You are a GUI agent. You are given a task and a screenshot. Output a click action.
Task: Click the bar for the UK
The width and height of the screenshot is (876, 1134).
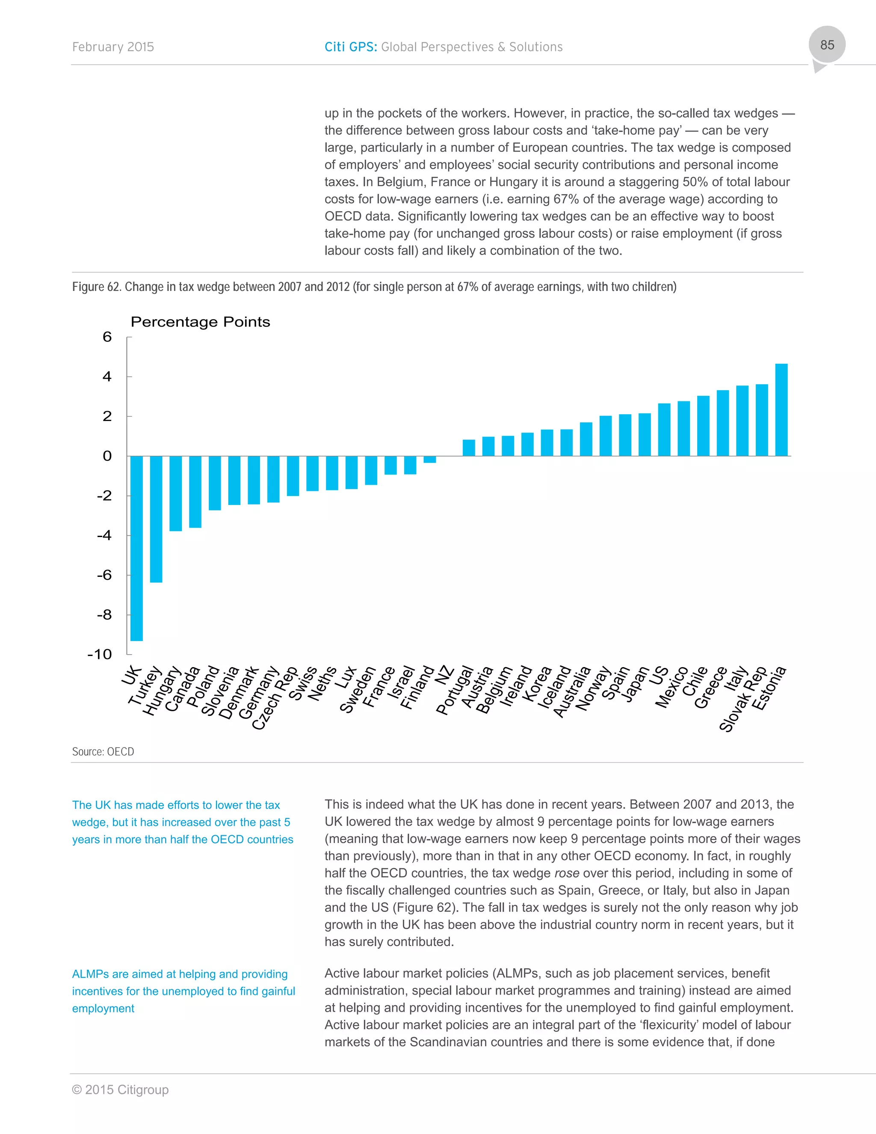click(x=136, y=548)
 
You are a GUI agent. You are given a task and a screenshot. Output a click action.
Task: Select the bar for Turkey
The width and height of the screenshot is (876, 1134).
click(x=156, y=519)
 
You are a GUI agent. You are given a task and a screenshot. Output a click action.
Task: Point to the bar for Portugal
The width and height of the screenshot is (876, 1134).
click(x=469, y=448)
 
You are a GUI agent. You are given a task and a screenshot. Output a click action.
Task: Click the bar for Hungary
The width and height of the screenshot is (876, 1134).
click(x=175, y=493)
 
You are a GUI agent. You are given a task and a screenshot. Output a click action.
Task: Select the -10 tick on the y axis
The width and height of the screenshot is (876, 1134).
click(x=100, y=654)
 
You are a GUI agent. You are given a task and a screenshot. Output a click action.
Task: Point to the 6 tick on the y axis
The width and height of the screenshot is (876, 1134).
click(x=107, y=337)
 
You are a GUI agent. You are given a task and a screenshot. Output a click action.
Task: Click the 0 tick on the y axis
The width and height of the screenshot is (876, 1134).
click(x=107, y=456)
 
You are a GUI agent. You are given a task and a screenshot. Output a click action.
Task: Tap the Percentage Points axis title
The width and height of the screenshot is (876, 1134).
click(x=200, y=322)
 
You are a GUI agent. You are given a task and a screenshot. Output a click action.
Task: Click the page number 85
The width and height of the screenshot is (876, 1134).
click(x=827, y=45)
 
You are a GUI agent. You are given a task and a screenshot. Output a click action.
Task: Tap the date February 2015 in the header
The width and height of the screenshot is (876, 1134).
click(x=113, y=47)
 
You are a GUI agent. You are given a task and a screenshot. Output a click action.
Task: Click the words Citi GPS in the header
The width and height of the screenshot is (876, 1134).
click(x=350, y=47)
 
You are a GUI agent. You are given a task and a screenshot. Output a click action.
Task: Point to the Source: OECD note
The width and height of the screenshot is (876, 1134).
click(x=103, y=752)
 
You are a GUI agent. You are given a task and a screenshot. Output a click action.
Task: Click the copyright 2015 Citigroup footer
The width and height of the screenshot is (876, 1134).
click(x=120, y=1089)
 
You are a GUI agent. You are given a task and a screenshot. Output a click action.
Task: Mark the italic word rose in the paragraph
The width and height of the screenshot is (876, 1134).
click(x=566, y=873)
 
